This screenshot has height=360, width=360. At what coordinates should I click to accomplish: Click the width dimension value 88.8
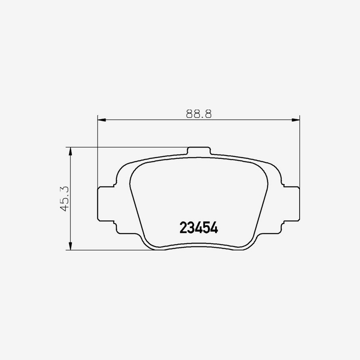pyautogui.click(x=198, y=114)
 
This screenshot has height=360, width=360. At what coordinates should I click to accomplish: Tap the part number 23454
pyautogui.click(x=198, y=228)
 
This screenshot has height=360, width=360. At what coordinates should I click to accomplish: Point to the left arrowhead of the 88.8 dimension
pyautogui.click(x=101, y=119)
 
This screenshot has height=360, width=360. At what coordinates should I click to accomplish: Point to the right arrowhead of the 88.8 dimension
pyautogui.click(x=296, y=119)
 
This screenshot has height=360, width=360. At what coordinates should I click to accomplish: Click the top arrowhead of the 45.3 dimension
pyautogui.click(x=70, y=151)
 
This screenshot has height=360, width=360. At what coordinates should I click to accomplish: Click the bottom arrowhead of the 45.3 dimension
pyautogui.click(x=70, y=246)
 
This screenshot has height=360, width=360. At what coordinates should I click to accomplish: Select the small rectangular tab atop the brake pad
pyautogui.click(x=199, y=151)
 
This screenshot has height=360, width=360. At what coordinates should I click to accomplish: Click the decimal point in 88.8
pyautogui.click(x=199, y=117)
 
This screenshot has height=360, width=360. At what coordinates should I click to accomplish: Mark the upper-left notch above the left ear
pyautogui.click(x=114, y=184)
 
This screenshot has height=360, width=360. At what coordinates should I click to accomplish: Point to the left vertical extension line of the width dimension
pyautogui.click(x=98, y=152)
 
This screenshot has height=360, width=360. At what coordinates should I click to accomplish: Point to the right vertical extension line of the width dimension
pyautogui.click(x=300, y=152)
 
